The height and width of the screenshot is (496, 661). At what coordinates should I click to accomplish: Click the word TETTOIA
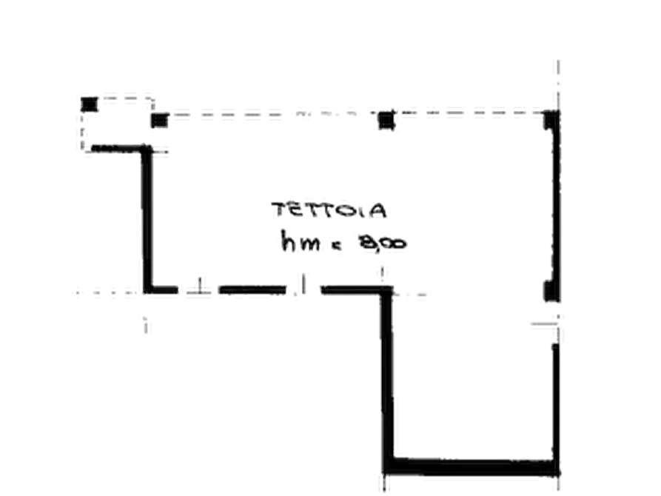point(329,210)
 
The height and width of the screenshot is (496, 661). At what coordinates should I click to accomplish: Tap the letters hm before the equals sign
point(300,241)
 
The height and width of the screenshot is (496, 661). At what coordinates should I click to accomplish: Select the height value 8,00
point(382,243)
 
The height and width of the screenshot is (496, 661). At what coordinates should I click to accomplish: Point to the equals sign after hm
point(337,246)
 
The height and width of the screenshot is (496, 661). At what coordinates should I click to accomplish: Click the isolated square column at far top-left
point(89,104)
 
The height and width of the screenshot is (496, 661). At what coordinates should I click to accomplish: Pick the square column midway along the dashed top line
point(386,121)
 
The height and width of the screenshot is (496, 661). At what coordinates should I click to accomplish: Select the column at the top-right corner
point(551,120)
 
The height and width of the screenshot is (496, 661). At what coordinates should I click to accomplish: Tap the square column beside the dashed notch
point(160,121)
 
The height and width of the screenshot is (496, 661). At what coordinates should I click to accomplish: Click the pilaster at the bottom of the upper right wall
point(550,291)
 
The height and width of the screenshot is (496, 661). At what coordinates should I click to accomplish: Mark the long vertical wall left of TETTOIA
point(147,218)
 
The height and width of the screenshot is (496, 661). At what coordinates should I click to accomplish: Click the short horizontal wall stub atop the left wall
point(118,149)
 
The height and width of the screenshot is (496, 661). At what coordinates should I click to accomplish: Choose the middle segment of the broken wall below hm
point(252,289)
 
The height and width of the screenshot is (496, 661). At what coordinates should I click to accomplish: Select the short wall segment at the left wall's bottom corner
point(161,289)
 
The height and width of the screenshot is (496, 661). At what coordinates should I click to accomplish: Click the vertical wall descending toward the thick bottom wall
point(387,375)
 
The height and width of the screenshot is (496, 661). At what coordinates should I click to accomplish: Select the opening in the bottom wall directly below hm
point(303,289)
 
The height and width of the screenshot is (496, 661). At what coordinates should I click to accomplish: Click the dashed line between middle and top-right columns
point(469,113)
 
